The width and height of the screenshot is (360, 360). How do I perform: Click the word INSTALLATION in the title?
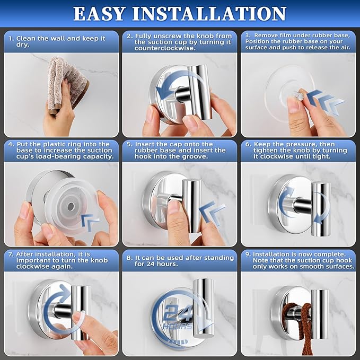[217, 14]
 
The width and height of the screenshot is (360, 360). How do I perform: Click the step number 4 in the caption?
[11, 144]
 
